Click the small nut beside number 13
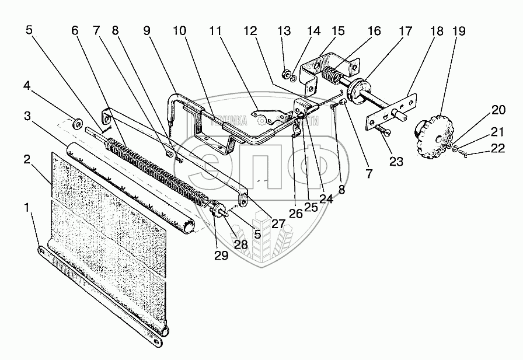pos(287,74)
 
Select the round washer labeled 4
pos(76,124)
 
